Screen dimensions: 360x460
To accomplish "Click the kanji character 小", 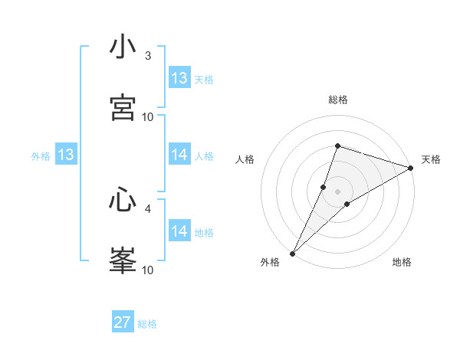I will pyautogui.click(x=123, y=47).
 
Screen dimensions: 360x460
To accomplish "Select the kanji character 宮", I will pyautogui.click(x=123, y=107).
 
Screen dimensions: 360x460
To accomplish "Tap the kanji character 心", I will pyautogui.click(x=123, y=201).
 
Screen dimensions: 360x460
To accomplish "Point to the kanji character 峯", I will pyautogui.click(x=123, y=260).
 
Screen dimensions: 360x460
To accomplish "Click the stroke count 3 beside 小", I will pyautogui.click(x=148, y=56).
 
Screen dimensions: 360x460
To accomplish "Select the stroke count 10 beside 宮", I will pyautogui.click(x=148, y=116).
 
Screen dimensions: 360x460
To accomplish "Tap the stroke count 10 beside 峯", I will pyautogui.click(x=148, y=270).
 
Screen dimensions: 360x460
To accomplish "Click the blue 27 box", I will pyautogui.click(x=123, y=322).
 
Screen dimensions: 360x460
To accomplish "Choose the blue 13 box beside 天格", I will pyautogui.click(x=179, y=78).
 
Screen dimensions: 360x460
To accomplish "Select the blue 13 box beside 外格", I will pyautogui.click(x=66, y=155).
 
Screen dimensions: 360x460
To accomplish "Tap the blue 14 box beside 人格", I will pyautogui.click(x=179, y=155).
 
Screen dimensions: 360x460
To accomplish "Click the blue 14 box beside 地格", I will pyautogui.click(x=179, y=231).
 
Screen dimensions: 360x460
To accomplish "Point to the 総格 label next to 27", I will pyautogui.click(x=147, y=324).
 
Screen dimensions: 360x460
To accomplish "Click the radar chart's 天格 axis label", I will pyautogui.click(x=431, y=159).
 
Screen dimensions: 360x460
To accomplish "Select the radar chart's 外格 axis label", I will pyautogui.click(x=270, y=263).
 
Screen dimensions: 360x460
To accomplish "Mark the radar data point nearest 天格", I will pyautogui.click(x=411, y=168).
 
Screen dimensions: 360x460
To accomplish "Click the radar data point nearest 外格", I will pyautogui.click(x=292, y=254).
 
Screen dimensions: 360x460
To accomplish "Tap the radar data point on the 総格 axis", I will pyautogui.click(x=337, y=146).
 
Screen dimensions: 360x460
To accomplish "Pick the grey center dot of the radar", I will pyautogui.click(x=337, y=191).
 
